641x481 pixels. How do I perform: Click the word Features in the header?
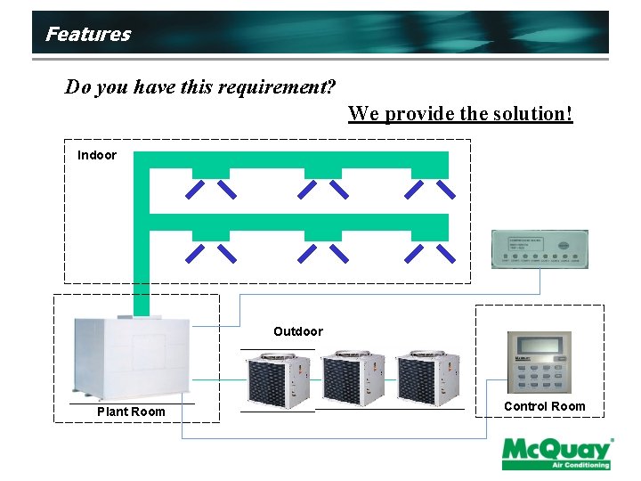(87, 35)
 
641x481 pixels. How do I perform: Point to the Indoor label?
(97, 155)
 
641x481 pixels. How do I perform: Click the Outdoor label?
(298, 331)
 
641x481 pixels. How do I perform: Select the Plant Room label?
(131, 412)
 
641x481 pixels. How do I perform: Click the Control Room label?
(545, 406)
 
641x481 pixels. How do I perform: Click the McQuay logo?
(556, 452)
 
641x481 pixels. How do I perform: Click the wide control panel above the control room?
(540, 249)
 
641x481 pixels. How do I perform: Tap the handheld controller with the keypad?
(540, 363)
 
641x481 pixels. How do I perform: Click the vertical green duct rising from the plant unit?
(141, 267)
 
